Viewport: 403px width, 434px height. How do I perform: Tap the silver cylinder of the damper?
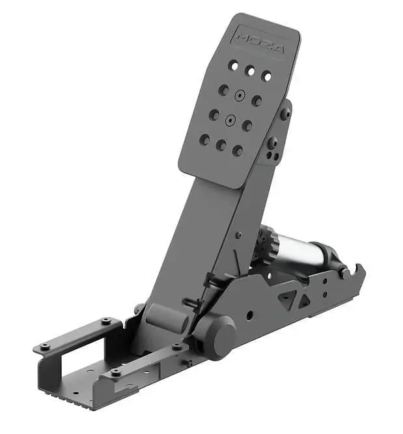click(296, 249)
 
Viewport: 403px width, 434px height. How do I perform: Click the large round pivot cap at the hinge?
click(218, 337)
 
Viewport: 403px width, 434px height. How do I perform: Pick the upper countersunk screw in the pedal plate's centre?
click(240, 96)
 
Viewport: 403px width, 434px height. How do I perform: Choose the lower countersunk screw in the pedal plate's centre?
click(230, 121)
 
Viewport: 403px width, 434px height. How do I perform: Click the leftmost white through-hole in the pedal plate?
click(234, 66)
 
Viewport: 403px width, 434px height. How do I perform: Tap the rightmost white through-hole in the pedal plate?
click(267, 76)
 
